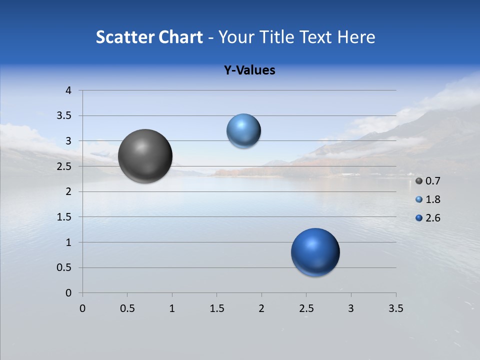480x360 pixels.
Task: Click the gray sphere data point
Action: coord(145,156)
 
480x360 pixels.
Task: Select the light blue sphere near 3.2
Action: coord(243,131)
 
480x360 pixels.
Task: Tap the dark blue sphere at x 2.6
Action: coord(315,252)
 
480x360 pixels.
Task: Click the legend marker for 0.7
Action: coord(419,181)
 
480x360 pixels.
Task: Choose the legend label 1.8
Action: coord(432,199)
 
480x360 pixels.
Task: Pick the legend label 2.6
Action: coord(432,218)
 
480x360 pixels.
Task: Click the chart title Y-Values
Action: coord(249,70)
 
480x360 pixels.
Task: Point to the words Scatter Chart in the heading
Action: coord(149,37)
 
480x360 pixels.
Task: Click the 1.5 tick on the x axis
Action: coord(216,308)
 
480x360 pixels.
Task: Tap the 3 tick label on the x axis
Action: coord(351,308)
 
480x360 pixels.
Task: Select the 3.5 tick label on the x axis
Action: coord(395,308)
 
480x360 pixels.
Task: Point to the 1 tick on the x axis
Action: coord(172,308)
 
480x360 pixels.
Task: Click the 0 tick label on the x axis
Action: coord(82,308)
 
